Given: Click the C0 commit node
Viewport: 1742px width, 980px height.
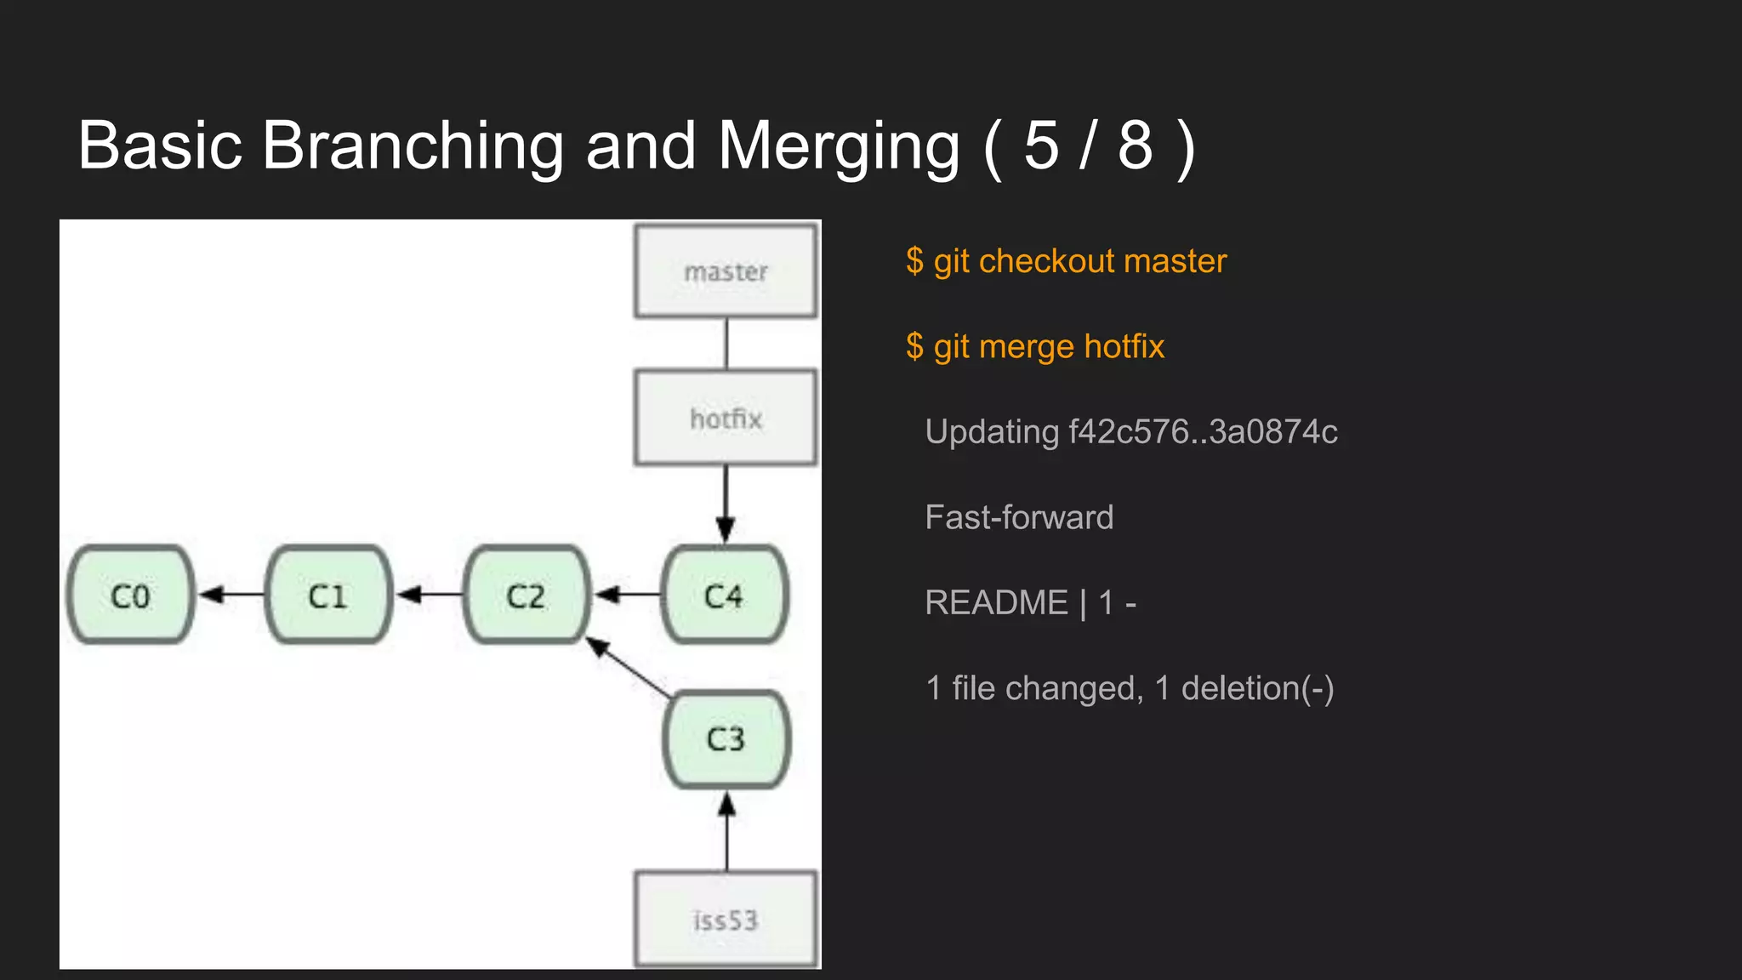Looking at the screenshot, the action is click(130, 595).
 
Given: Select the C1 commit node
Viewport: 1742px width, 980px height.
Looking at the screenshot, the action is click(328, 595).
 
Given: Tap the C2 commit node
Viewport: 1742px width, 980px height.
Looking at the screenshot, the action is click(526, 595).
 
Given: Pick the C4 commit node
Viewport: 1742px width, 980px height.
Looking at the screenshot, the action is click(724, 595).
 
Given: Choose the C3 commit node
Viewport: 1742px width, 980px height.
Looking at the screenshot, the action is click(726, 738).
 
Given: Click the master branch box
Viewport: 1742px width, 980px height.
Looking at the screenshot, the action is click(726, 271).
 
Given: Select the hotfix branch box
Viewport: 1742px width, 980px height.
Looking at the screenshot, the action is click(726, 418).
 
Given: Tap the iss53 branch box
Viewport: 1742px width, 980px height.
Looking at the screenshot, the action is click(726, 920).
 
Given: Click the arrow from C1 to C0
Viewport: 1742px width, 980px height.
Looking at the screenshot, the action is click(231, 594).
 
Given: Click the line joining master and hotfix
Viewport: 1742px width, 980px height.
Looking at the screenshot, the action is click(726, 344).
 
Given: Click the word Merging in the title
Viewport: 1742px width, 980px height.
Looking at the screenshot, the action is click(839, 146).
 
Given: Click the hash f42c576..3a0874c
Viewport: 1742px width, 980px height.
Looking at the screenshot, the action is click(1203, 432).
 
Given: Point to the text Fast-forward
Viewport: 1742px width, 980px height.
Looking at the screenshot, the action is click(1019, 517).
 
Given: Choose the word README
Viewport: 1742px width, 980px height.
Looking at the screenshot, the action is click(996, 602).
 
